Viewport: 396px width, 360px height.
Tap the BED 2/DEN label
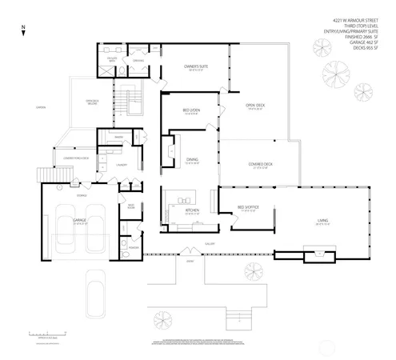pyautogui.click(x=191, y=110)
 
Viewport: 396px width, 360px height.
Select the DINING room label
pyautogui.click(x=192, y=159)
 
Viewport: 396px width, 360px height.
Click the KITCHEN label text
pyautogui.click(x=191, y=210)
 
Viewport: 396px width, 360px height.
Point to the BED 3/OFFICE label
pyautogui.click(x=248, y=208)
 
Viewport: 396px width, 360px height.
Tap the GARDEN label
pyautogui.click(x=40, y=107)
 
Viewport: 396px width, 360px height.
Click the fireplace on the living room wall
pyautogui.click(x=321, y=254)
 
